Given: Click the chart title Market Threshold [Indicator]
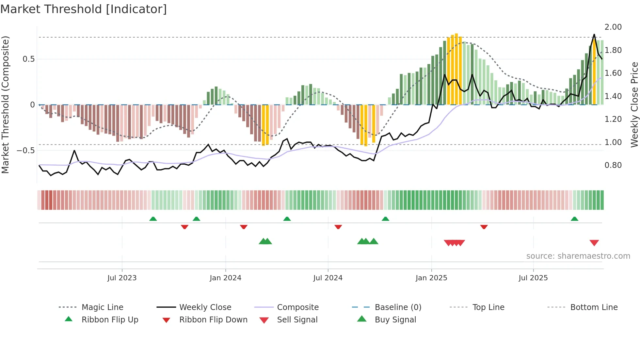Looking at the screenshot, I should [x=84, y=9].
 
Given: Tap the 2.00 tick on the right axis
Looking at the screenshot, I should [x=613, y=27].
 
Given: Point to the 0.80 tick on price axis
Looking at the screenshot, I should [x=613, y=165].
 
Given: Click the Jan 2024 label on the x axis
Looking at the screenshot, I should [x=225, y=278].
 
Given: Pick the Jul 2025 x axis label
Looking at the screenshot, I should [x=533, y=278].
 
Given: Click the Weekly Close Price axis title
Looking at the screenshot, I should [x=634, y=105].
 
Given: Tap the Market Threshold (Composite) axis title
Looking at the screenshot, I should [x=5, y=105].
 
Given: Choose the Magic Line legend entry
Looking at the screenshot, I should [x=102, y=307].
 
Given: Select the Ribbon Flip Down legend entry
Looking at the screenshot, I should [x=213, y=320].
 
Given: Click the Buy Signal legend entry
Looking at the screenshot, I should [x=395, y=320].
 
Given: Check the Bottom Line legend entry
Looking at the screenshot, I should [x=594, y=307].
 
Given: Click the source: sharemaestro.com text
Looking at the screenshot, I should [x=578, y=256].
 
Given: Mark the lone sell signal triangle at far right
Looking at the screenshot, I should [x=594, y=243].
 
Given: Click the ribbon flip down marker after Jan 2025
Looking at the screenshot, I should [x=484, y=227].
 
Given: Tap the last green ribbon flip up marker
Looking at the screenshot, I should [x=574, y=219].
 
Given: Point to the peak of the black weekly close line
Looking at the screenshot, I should [x=594, y=35].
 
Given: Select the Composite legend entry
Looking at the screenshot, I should [x=297, y=307].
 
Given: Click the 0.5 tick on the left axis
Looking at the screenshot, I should [x=28, y=59].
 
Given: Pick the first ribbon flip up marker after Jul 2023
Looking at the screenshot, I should [x=153, y=219].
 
